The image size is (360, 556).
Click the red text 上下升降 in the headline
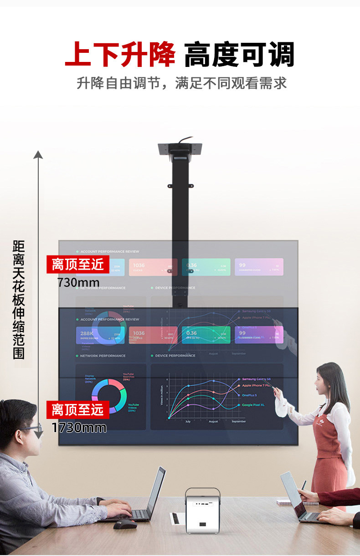coord(120,55)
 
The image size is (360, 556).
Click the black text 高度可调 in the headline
coord(239,55)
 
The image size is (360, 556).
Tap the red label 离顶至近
coord(78,264)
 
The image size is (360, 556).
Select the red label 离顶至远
coord(78,409)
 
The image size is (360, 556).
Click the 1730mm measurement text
coord(79,428)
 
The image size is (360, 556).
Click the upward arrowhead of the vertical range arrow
coord(38,154)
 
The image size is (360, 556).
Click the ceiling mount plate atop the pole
coord(180,149)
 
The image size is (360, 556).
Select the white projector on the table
coord(202,510)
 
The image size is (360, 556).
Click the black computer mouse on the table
coord(125,524)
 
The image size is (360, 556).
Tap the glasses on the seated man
coord(28,428)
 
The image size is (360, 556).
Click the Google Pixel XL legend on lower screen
coord(253,405)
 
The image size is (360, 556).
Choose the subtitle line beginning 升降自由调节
coord(181,83)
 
